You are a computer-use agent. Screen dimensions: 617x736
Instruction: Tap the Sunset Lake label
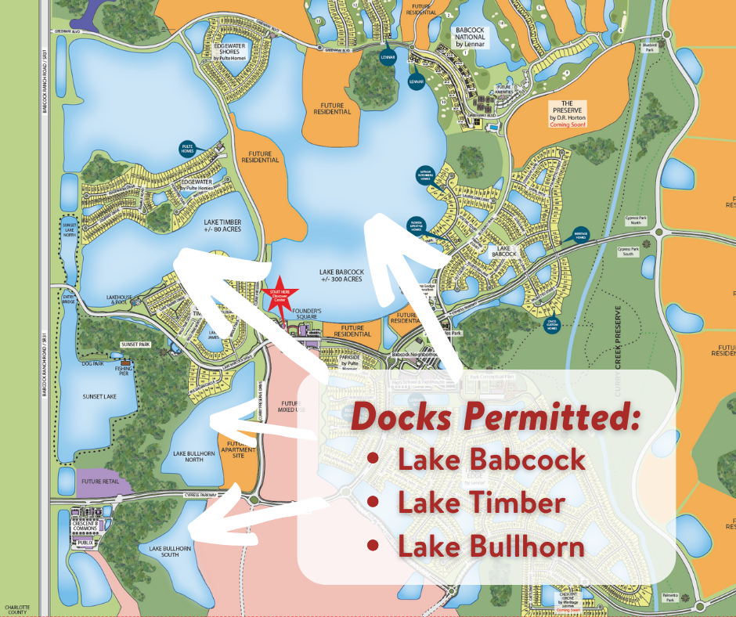(x=99, y=397)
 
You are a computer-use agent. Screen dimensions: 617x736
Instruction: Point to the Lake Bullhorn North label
(x=189, y=456)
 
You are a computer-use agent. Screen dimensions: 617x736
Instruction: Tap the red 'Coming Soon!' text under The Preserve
(x=568, y=124)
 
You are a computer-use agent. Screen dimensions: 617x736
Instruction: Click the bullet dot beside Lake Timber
(x=373, y=502)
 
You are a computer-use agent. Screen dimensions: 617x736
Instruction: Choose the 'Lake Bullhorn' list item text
(x=491, y=546)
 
